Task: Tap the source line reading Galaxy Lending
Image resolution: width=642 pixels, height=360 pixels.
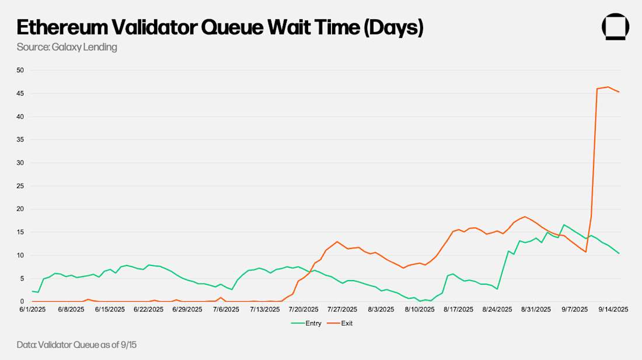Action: coord(67,47)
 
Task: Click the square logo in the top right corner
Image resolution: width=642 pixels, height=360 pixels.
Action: coord(615,27)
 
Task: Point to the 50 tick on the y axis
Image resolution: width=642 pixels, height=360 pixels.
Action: coord(20,71)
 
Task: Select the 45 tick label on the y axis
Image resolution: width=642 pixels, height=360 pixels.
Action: coord(20,93)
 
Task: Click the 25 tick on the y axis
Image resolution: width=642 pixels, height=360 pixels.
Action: coord(20,186)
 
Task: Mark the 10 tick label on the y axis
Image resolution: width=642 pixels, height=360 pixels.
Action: coord(20,256)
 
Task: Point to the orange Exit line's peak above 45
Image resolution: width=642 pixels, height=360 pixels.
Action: coord(608,87)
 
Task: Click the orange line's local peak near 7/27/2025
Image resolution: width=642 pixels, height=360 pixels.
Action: coord(337,242)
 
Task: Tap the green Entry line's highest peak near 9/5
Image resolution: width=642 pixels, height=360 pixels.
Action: coord(564,225)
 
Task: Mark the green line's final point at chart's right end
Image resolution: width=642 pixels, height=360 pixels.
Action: coord(619,253)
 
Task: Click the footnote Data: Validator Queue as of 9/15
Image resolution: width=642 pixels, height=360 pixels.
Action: coord(76,345)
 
